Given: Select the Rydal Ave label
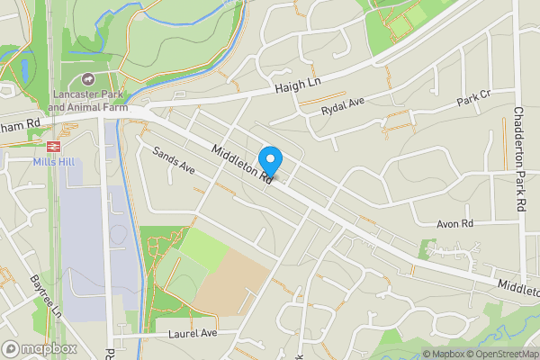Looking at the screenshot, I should pyautogui.click(x=343, y=107).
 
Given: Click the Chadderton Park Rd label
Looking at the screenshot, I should pyautogui.click(x=519, y=159).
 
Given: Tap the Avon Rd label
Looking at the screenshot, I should pyautogui.click(x=454, y=223).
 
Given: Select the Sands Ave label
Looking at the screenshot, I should pyautogui.click(x=173, y=161).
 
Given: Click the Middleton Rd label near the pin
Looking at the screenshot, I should pyautogui.click(x=242, y=165).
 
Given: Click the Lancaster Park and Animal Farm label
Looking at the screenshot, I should pyautogui.click(x=86, y=101).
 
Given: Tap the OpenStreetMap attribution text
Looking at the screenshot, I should pyautogui.click(x=497, y=354).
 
